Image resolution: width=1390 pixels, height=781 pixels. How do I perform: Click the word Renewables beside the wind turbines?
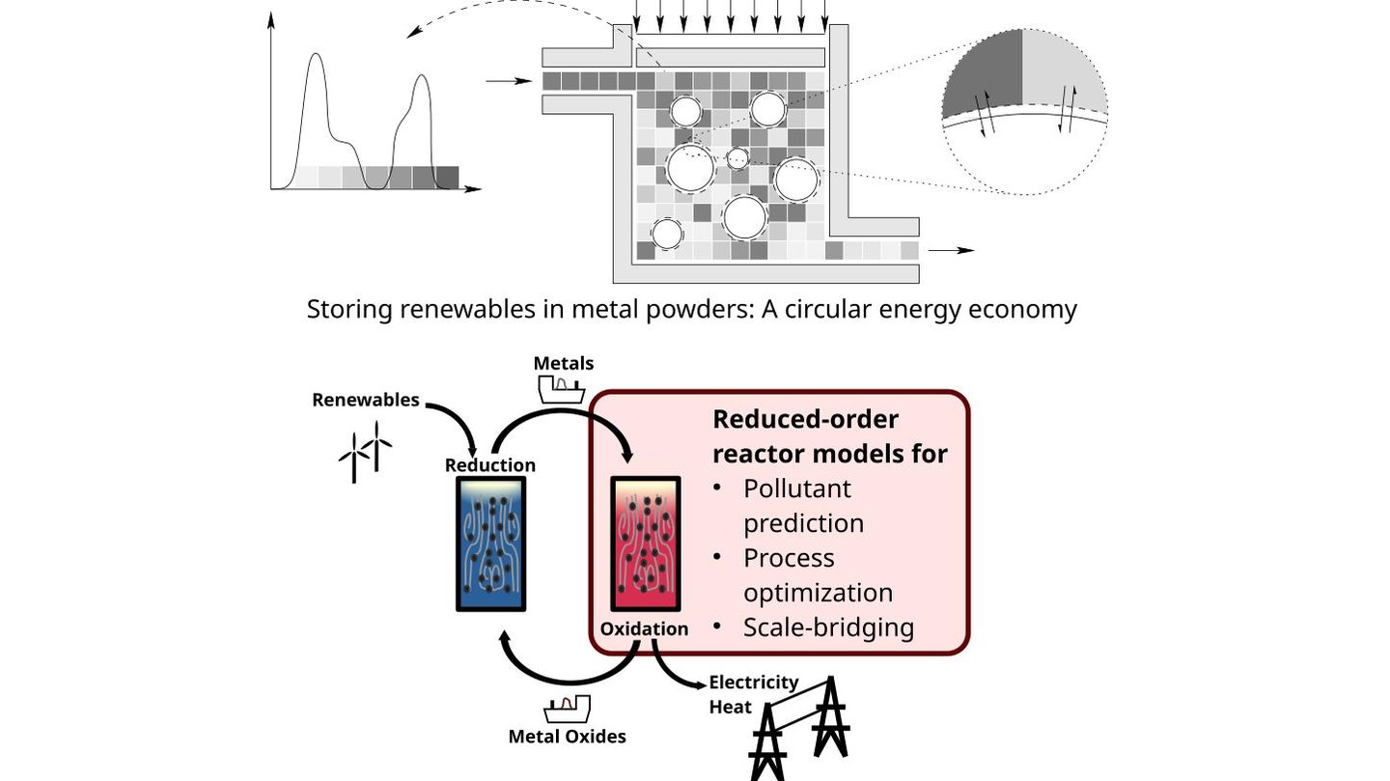366,400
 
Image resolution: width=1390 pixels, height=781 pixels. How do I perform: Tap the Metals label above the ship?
564,363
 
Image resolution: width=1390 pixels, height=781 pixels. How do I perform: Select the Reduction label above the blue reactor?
489,465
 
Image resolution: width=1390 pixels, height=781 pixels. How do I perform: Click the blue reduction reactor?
490,544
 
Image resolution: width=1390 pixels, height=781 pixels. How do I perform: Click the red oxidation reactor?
646,544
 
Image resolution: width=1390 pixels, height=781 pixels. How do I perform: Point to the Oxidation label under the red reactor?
644,628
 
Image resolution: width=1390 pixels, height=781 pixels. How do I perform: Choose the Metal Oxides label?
568,737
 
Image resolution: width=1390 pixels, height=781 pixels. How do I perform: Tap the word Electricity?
754,683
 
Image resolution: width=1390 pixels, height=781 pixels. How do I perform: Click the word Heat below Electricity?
731,707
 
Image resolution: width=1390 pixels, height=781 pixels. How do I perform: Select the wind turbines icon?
365,452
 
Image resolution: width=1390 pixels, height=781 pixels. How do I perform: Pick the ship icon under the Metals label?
561,389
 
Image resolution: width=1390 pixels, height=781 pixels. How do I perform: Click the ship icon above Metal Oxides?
567,709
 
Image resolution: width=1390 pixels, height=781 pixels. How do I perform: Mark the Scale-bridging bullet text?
828,628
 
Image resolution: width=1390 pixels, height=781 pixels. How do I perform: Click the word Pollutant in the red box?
797,488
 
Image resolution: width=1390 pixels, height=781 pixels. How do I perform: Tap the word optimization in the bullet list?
818,593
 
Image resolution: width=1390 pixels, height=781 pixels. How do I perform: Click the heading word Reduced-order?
805,420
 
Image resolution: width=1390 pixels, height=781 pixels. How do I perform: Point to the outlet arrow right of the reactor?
952,250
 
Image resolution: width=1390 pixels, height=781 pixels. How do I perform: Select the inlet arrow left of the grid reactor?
509,81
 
